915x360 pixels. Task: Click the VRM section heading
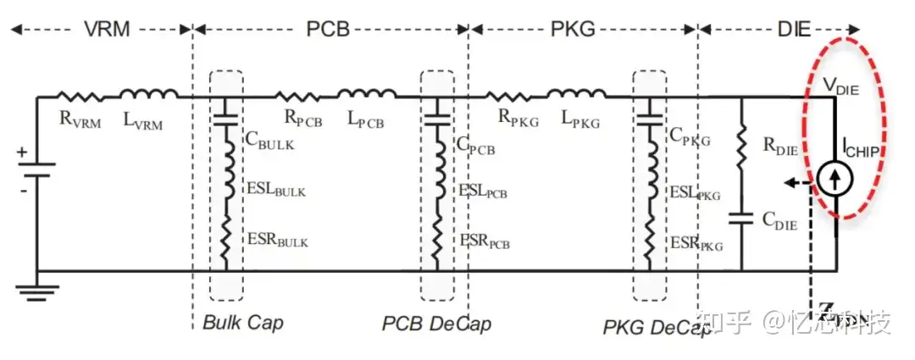[x=107, y=29]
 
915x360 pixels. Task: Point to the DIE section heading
[x=794, y=29]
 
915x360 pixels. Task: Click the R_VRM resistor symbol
[x=80, y=96]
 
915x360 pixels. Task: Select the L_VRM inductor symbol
[x=148, y=95]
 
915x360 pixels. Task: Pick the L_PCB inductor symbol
[x=366, y=95]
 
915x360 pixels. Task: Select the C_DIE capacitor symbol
[x=741, y=219]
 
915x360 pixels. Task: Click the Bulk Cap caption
[x=243, y=323]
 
